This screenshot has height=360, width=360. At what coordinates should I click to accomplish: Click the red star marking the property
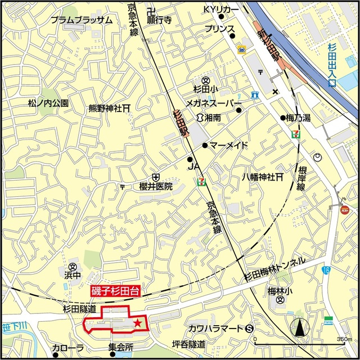click(137, 322)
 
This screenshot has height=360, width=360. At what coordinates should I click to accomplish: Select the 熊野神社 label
click(107, 107)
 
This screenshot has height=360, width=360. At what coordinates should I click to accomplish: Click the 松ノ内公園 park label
click(48, 103)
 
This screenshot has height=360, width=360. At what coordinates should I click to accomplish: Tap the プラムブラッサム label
click(82, 20)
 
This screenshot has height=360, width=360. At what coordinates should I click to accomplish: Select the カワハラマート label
click(215, 328)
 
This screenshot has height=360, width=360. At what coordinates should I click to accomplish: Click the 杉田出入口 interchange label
click(331, 62)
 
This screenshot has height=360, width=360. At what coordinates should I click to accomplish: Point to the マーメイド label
click(229, 146)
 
